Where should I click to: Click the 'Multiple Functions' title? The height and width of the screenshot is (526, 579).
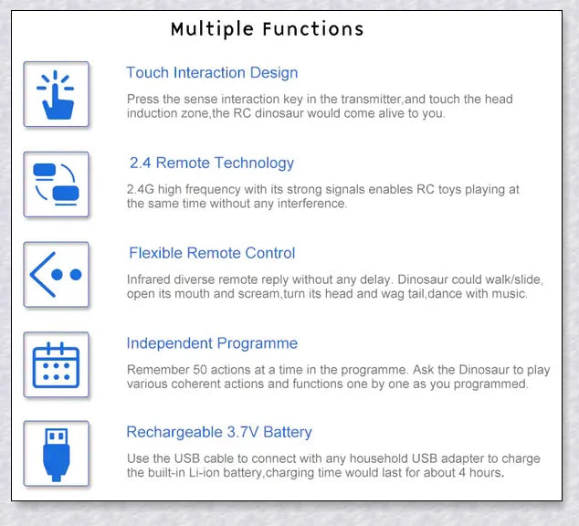pyautogui.click(x=268, y=29)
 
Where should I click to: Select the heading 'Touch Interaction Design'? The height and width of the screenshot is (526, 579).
pyautogui.click(x=212, y=73)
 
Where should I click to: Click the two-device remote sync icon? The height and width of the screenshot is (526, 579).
pyautogui.click(x=56, y=184)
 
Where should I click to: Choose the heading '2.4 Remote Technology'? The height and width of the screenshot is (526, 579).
pyautogui.click(x=212, y=163)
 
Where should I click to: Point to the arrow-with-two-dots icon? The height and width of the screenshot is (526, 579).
pyautogui.click(x=56, y=275)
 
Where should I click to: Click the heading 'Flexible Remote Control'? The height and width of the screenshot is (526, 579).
pyautogui.click(x=212, y=253)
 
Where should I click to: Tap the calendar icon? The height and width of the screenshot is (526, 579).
pyautogui.click(x=56, y=365)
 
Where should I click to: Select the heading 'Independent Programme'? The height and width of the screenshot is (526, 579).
pyautogui.click(x=212, y=343)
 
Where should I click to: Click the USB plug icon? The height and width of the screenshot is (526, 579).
pyautogui.click(x=56, y=455)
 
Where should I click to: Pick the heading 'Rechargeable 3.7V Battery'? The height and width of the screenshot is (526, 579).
pyautogui.click(x=219, y=432)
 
